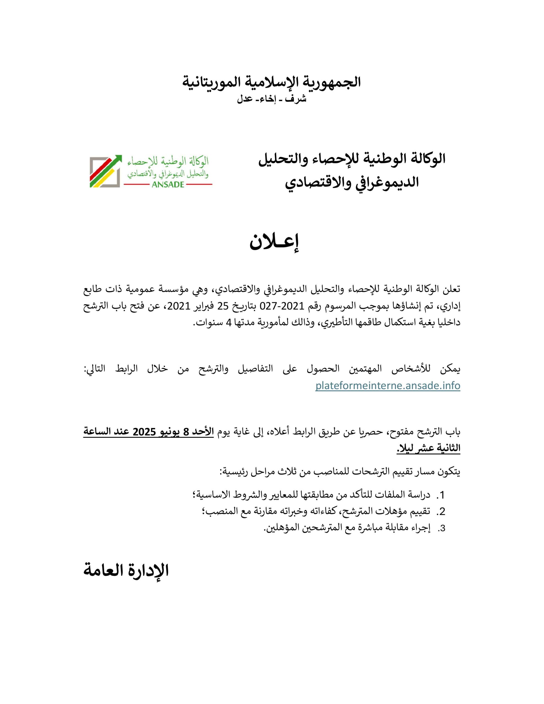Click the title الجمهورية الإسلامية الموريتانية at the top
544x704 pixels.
tap(271, 82)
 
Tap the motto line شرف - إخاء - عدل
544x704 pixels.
tap(271, 99)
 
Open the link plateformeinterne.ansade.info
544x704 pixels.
tap(388, 386)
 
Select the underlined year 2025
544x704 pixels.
tap(144, 432)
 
